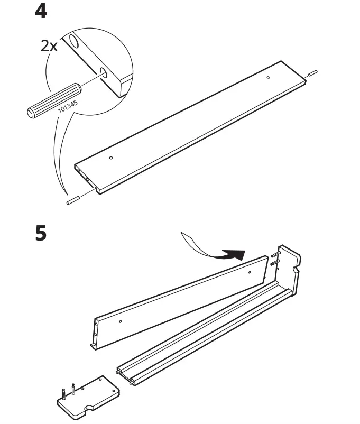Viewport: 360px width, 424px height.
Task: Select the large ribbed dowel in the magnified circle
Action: pos(50,102)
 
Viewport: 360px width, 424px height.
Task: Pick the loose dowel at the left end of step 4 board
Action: pos(72,201)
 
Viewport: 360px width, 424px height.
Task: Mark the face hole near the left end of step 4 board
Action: pos(110,158)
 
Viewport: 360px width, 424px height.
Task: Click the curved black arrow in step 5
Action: pos(217,250)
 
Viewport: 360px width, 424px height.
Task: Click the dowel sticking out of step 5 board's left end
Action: pos(92,346)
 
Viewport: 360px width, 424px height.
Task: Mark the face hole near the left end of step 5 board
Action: pos(121,320)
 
